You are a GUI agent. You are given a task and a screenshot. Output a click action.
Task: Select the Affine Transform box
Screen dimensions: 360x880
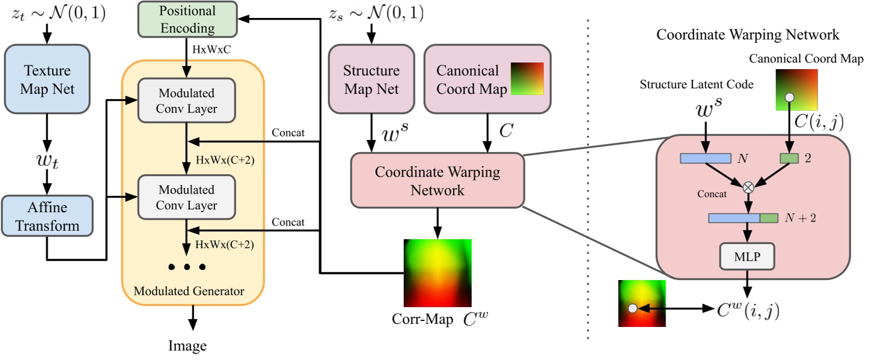click(x=47, y=216)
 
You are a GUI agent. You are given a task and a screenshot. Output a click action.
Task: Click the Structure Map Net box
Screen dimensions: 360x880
click(x=371, y=79)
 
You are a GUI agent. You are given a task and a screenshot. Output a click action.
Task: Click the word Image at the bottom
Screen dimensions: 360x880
click(x=187, y=346)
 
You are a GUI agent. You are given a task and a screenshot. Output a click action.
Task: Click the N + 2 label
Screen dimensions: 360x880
click(x=799, y=218)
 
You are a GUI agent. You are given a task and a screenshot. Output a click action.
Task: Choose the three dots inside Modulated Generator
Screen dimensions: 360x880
click(x=187, y=266)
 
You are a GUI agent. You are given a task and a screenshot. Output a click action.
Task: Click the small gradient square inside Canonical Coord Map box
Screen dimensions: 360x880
click(x=527, y=79)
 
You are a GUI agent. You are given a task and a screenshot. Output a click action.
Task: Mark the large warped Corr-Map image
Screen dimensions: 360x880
click(x=437, y=273)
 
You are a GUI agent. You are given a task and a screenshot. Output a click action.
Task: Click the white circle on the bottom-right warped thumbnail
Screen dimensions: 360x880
click(x=632, y=308)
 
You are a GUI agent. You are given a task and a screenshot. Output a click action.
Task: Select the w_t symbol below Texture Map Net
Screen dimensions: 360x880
click(x=47, y=162)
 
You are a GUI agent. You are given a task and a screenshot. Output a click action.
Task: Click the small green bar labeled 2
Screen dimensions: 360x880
click(x=789, y=159)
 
